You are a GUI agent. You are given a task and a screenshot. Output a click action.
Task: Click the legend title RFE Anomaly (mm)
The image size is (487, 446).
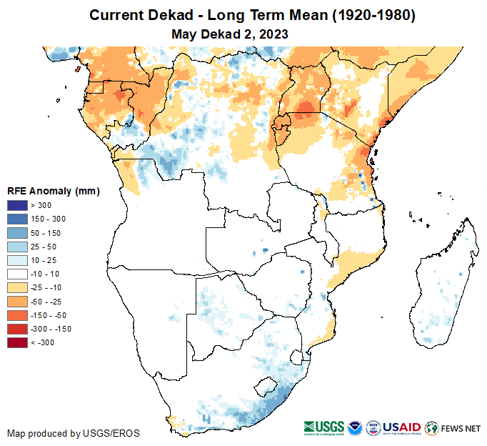pyautogui.click(x=54, y=192)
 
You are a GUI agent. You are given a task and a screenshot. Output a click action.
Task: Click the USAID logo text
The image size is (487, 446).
pyautogui.click(x=403, y=427)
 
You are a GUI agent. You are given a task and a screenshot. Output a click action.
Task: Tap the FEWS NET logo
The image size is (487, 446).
pyautogui.click(x=453, y=428)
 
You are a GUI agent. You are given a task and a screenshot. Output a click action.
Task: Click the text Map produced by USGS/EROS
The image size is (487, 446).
pyautogui.click(x=74, y=433)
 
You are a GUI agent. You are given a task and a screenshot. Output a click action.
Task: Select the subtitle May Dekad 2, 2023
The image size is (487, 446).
pyautogui.click(x=230, y=34)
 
